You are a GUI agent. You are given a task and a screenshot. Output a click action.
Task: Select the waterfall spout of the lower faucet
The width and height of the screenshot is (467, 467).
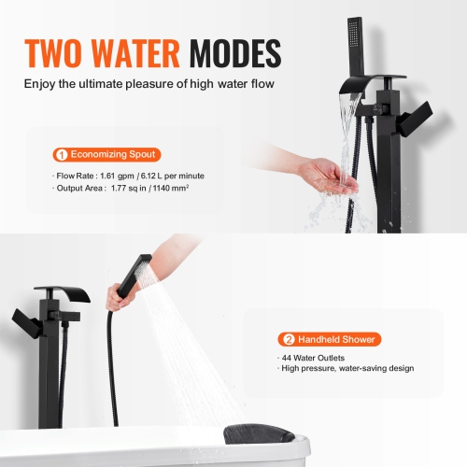point(57,297)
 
